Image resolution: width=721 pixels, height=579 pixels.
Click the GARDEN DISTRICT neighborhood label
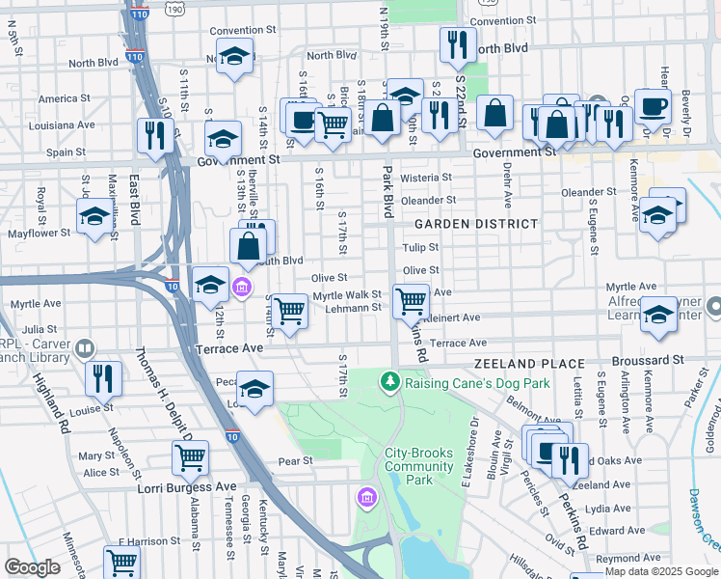pyautogui.click(x=475, y=224)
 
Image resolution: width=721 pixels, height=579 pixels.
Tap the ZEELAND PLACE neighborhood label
pyautogui.click(x=528, y=364)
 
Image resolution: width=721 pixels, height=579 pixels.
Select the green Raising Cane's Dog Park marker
pyautogui.click(x=389, y=382)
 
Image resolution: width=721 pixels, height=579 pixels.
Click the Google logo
pyautogui.click(x=32, y=567)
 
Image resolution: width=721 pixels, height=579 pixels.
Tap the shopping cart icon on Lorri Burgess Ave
pyautogui.click(x=190, y=458)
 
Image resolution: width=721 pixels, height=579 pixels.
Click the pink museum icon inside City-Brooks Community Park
pyautogui.click(x=365, y=497)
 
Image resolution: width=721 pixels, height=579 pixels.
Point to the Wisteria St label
pyautogui.click(x=425, y=178)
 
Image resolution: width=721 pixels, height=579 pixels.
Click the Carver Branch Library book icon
pyautogui.click(x=85, y=349)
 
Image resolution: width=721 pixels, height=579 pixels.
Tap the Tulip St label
pyautogui.click(x=421, y=248)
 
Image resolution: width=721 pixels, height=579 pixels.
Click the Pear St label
pyautogui.click(x=296, y=460)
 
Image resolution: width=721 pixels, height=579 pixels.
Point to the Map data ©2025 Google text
pyautogui.click(x=661, y=571)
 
